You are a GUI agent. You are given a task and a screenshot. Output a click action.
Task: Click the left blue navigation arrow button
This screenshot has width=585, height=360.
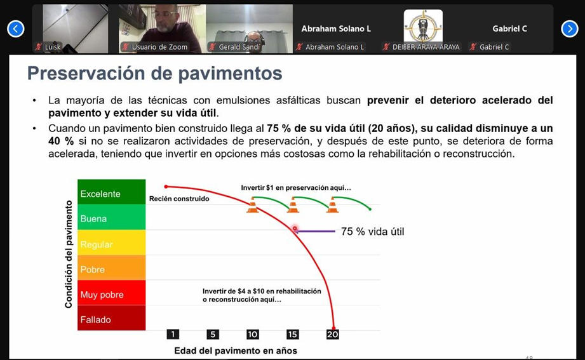[16, 29]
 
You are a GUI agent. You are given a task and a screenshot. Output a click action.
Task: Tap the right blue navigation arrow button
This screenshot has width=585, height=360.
[569, 29]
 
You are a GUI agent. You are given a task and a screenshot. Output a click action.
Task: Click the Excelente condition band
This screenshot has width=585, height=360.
[112, 192]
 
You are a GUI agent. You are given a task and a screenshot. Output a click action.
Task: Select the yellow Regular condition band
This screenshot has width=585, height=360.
[112, 243]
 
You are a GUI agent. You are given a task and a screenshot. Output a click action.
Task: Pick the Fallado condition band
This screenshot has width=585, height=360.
[112, 318]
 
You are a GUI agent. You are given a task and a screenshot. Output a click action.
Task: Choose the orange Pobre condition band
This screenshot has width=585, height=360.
[112, 267]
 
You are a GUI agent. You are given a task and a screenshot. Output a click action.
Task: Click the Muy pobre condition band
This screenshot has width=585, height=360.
[112, 293]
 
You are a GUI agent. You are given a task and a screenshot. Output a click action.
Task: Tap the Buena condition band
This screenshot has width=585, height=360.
[112, 217]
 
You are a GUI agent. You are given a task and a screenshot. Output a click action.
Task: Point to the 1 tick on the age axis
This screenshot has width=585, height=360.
[173, 334]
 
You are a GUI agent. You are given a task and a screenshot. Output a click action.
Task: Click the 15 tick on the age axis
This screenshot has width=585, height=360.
[292, 334]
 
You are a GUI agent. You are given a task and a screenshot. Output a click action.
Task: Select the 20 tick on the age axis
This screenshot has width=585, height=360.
[332, 334]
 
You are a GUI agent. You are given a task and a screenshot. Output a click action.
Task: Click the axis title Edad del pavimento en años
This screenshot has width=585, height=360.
[236, 350]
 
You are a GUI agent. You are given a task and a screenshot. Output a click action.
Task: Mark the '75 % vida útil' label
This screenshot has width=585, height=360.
[372, 232]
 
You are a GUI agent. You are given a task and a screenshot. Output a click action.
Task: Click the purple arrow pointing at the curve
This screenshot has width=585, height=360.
[316, 231]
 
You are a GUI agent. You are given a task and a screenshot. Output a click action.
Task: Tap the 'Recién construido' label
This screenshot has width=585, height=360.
[179, 199]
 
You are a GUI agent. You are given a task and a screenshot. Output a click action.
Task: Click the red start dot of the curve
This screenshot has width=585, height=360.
[166, 187]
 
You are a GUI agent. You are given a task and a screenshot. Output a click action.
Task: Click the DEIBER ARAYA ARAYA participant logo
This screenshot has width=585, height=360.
[423, 26]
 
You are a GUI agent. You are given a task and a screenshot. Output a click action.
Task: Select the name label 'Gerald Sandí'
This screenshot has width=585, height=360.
[239, 47]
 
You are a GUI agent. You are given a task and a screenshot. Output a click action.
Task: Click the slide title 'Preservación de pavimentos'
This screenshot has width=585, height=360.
[155, 73]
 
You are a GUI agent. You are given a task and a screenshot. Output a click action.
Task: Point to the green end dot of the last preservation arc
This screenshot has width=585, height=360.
[370, 210]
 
